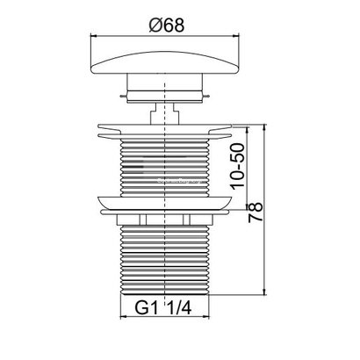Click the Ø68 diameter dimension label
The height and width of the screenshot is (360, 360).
167,25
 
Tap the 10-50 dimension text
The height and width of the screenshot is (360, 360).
237,166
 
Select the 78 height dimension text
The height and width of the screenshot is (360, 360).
256,212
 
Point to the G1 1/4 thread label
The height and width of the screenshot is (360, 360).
163,307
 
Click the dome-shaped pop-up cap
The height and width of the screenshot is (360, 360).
165,63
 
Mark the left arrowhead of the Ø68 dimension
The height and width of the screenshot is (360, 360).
94,36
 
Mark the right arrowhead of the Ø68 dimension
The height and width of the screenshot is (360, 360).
236,36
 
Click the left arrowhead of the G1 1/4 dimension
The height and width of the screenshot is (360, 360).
124,317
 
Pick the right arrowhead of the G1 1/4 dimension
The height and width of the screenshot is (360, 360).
206,317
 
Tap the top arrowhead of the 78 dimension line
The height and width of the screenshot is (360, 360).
265,127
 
